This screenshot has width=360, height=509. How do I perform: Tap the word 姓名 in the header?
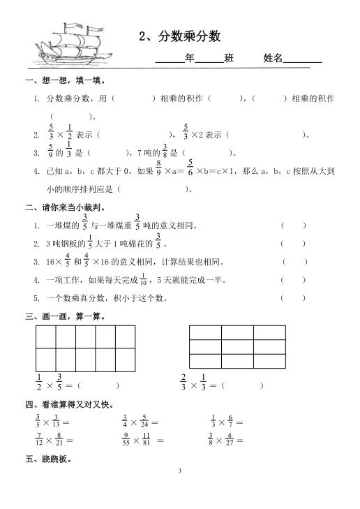(273, 59)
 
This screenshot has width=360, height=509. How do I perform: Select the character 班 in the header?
(230, 59)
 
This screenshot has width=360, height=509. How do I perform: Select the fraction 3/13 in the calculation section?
(55, 422)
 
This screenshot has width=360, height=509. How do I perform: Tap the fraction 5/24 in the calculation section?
(144, 422)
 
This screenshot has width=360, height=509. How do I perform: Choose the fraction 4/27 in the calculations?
(230, 440)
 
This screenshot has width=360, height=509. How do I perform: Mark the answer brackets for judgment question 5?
(293, 298)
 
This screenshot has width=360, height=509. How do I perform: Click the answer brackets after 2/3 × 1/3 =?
(242, 385)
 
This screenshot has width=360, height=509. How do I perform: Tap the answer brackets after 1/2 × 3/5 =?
(98, 385)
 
